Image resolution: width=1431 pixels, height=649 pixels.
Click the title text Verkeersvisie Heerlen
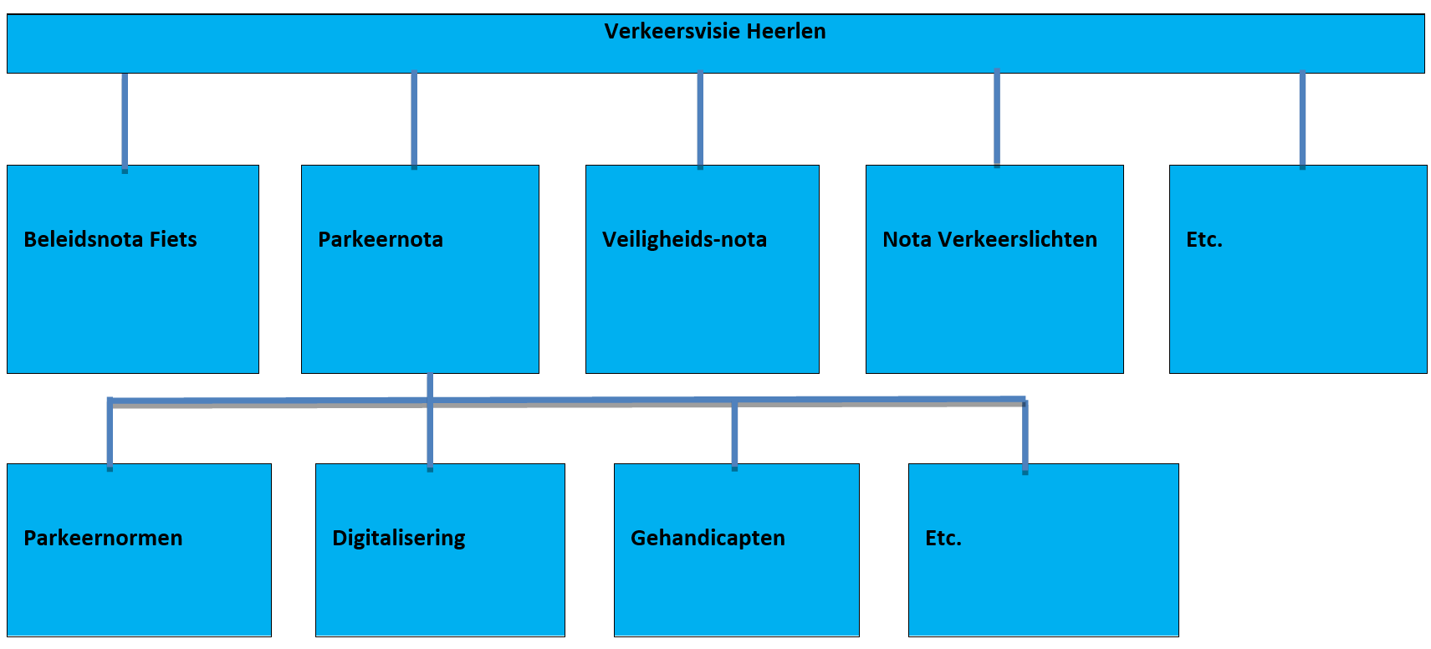715,31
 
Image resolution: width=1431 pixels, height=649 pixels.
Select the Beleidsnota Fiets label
110,239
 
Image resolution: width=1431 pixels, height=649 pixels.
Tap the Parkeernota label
381,239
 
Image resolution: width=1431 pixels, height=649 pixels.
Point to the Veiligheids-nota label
684,239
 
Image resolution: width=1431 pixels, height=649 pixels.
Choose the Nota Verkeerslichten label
989,239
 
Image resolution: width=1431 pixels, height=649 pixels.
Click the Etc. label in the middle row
1204,239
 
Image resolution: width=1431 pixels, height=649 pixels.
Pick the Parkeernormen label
103,538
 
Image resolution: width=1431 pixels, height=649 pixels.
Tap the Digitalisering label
399,539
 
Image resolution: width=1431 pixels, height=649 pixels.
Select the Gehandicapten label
708,539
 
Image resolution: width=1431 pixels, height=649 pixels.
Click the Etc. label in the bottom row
943,538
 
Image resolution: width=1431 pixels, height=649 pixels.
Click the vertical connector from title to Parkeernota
414,120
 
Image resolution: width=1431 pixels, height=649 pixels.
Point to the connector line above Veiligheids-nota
700,120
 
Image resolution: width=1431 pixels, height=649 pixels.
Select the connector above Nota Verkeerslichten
997,118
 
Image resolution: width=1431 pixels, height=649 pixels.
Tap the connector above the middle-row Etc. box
1302,120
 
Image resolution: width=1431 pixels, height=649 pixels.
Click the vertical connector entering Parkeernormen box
110,434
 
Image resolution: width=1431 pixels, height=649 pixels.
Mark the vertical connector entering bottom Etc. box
1025,437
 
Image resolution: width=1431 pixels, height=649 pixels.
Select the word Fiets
173,239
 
